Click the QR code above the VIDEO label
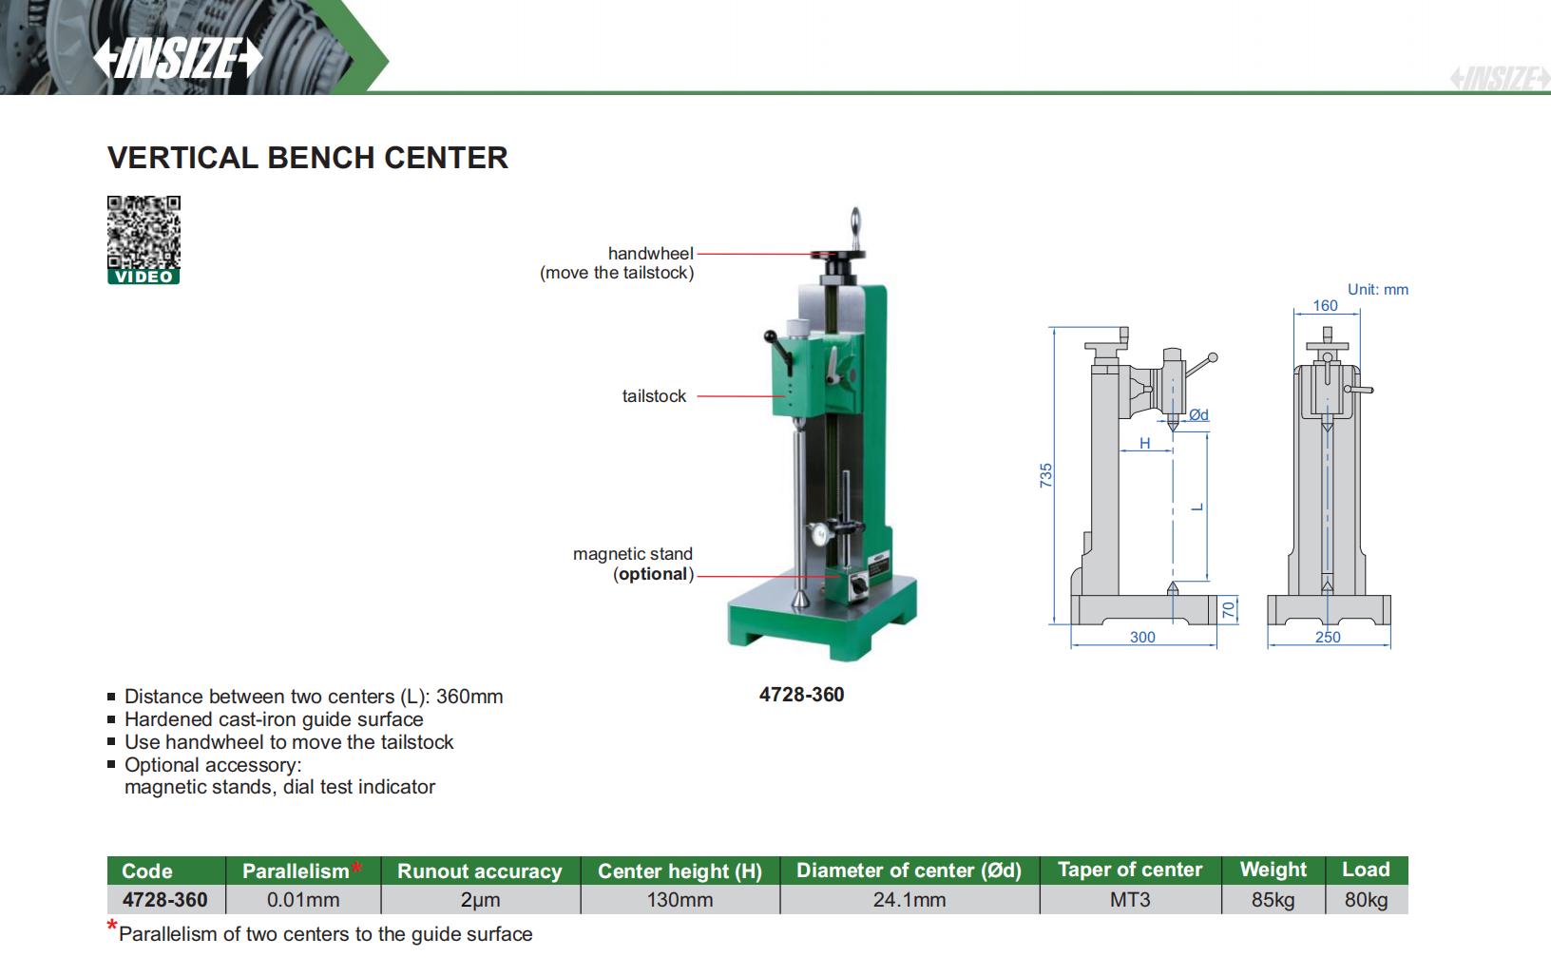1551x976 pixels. pos(144,232)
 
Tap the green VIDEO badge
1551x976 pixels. pos(144,277)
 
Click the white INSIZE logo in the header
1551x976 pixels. pos(178,57)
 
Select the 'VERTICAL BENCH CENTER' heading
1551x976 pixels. pos(307,158)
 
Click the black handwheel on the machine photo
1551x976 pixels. pos(838,254)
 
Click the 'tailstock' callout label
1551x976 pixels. pos(654,396)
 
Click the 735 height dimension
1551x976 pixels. pos(1045,475)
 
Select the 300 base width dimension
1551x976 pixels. pos(1142,637)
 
